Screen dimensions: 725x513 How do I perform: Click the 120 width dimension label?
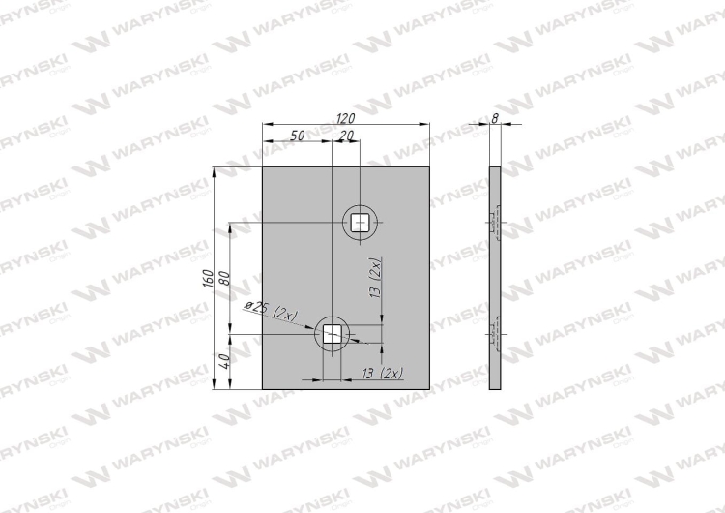pos(345,118)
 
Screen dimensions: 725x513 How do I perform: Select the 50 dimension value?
pos(298,136)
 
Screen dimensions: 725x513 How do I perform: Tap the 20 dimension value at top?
pos(346,136)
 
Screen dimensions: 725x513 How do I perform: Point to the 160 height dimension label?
pos(208,278)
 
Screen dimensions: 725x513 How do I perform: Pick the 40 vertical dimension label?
pos(224,361)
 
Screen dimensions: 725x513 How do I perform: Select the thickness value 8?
pos(495,118)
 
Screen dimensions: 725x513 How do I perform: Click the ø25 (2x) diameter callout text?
pos(272,311)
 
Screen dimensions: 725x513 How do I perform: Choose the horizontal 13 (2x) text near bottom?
pos(383,373)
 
